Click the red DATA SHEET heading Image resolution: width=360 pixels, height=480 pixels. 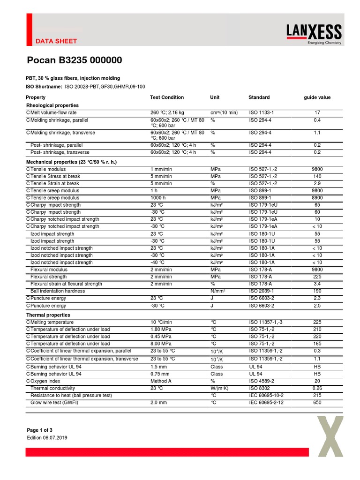coord(56,41)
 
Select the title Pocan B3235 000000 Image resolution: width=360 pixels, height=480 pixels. coord(74,60)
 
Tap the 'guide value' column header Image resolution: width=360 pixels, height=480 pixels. coord(317,97)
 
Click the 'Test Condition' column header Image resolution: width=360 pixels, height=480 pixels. coord(167,97)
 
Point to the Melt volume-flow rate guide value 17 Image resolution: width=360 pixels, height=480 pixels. coord(317,112)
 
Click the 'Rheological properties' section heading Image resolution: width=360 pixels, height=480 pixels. coord(52,105)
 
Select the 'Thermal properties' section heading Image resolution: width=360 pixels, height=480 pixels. coord(48,315)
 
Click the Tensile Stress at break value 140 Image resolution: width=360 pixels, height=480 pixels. coord(317,176)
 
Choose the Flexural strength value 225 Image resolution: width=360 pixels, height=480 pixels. coord(317,277)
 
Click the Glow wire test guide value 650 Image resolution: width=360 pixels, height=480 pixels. coord(317,403)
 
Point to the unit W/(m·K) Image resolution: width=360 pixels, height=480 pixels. coord(219,388)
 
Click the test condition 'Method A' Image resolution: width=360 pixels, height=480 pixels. coord(161,381)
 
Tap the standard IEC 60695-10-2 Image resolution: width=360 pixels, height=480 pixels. coord(266,396)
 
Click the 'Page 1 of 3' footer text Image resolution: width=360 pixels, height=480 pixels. coord(40,430)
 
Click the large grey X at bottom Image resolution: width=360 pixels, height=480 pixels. coord(334,436)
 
